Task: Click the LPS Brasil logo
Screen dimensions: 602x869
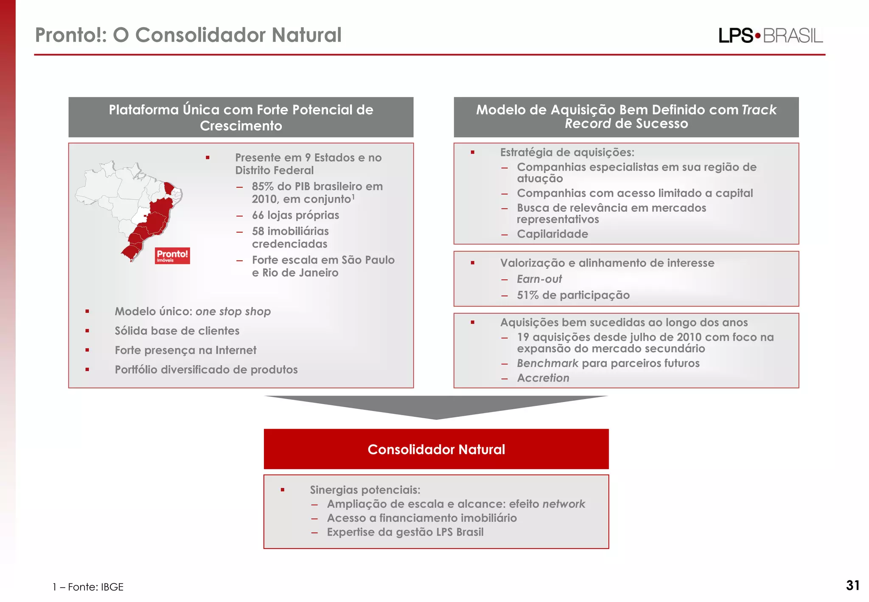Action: pos(770,35)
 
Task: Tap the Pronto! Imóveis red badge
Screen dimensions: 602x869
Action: pos(172,256)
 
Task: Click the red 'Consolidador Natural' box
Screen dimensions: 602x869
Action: pos(436,449)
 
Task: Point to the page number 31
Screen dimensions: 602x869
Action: pos(852,585)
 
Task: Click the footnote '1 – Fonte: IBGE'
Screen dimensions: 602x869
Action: pos(88,587)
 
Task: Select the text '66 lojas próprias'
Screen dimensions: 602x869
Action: pos(295,215)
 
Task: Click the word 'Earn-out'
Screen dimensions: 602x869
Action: pos(539,279)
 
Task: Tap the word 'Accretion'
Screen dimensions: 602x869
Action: pos(543,378)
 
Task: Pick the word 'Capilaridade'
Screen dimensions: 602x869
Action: pos(552,234)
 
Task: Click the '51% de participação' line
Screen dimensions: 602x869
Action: pos(573,295)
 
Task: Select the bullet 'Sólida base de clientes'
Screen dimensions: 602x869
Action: pos(177,331)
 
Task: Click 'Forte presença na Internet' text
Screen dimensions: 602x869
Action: pos(185,350)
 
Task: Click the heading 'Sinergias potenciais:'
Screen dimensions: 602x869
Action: pos(365,490)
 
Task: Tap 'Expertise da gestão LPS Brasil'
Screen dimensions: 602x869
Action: pos(405,532)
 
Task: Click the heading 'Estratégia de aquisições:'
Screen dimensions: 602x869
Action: pos(567,152)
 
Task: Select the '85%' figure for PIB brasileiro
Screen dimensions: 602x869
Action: pos(263,186)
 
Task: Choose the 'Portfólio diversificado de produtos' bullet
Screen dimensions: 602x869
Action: pos(206,370)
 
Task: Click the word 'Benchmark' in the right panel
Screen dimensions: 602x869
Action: pos(547,363)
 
